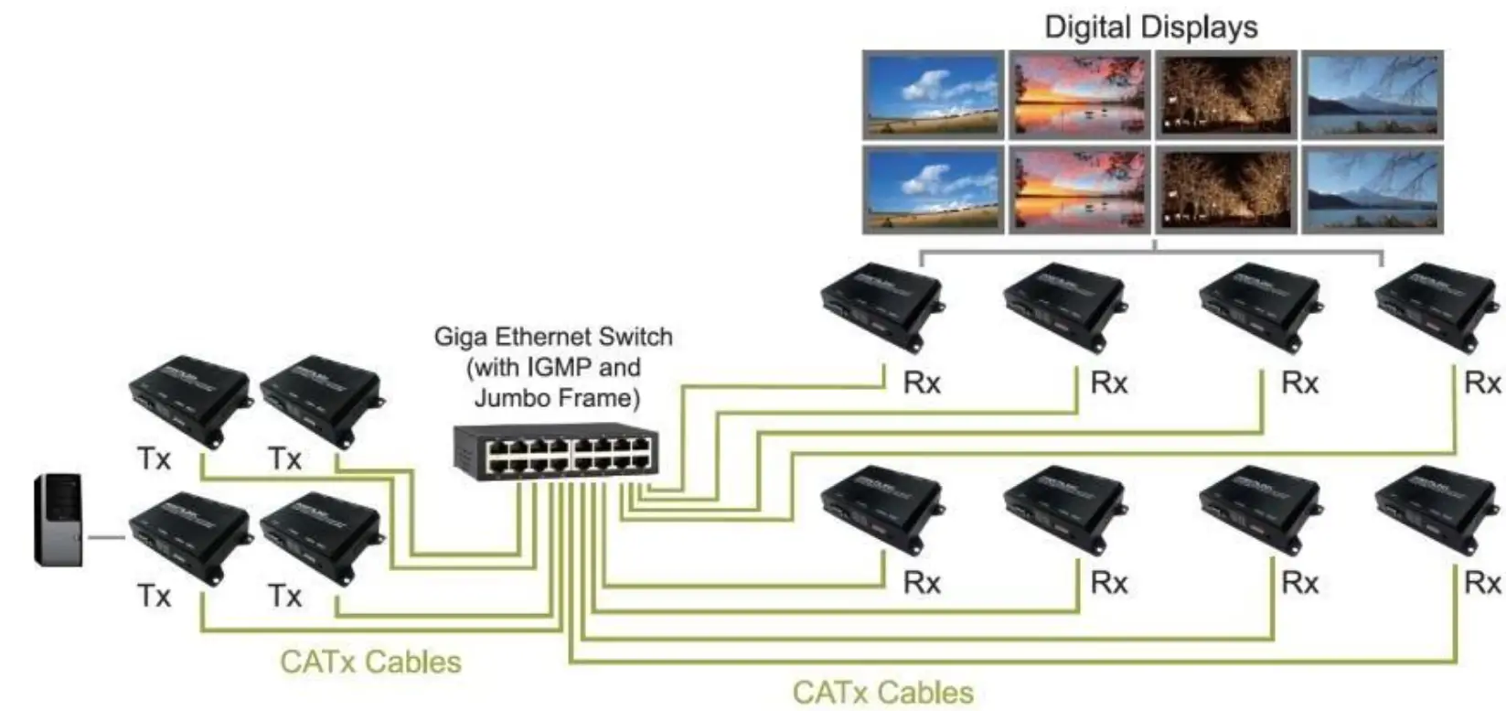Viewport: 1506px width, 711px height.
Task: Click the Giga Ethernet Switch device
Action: click(555, 451)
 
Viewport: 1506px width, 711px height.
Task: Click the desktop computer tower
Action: click(59, 519)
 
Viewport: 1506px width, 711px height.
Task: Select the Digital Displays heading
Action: click(1151, 27)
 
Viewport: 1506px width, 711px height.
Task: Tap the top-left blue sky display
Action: click(933, 94)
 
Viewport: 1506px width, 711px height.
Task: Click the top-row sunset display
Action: click(1079, 94)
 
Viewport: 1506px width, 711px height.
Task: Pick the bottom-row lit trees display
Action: click(1225, 190)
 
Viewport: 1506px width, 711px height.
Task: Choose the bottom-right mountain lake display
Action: click(1372, 190)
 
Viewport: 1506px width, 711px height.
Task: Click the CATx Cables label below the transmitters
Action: click(370, 662)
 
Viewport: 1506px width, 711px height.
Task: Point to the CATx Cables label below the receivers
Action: click(882, 692)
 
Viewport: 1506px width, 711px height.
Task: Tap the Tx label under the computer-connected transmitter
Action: click(154, 597)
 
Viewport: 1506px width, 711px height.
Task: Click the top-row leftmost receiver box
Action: click(881, 307)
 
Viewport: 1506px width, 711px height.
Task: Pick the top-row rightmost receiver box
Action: click(1436, 307)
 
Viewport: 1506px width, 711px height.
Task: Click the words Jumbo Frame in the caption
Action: click(553, 399)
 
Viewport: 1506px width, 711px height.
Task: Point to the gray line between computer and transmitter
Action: click(106, 537)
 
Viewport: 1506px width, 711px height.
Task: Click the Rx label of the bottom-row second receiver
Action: click(1108, 582)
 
